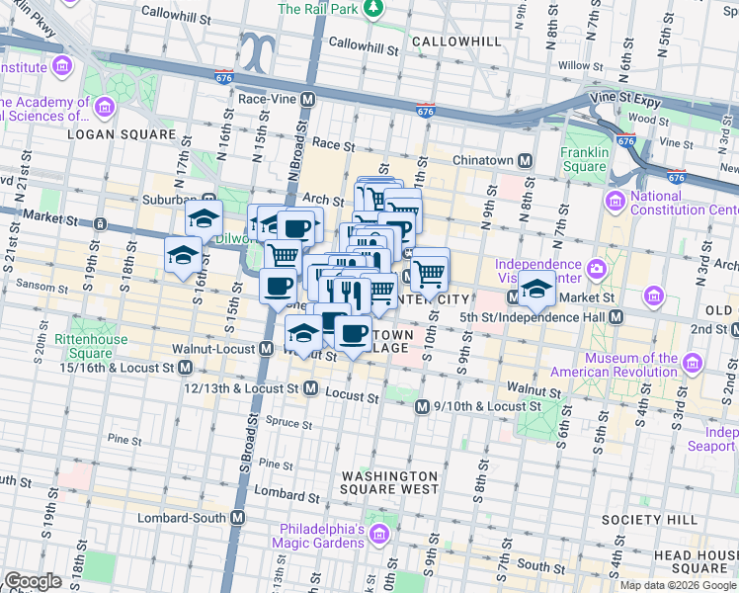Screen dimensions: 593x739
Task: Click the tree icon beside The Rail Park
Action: click(x=372, y=9)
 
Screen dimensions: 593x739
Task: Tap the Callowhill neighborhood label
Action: click(x=456, y=42)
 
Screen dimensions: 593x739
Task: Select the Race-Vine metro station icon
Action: click(x=308, y=99)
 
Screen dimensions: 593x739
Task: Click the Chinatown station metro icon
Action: click(x=526, y=160)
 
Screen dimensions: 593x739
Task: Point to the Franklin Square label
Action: click(x=584, y=160)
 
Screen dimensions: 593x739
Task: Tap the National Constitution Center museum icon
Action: click(x=616, y=203)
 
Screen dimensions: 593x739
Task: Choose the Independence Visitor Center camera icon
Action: click(x=597, y=268)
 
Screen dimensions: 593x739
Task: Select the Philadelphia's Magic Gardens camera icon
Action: click(x=379, y=535)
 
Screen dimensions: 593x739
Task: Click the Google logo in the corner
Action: click(x=34, y=581)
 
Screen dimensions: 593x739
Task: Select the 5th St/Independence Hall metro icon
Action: click(x=616, y=316)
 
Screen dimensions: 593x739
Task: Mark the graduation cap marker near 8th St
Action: click(x=536, y=289)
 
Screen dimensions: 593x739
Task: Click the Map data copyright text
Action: click(x=678, y=585)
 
